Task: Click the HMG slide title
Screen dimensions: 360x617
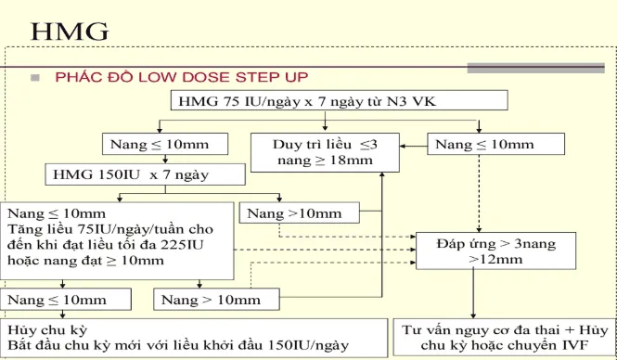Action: [x=71, y=32]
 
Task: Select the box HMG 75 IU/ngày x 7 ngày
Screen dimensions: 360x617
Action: [x=339, y=101]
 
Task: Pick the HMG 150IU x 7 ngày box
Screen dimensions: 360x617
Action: [x=132, y=174]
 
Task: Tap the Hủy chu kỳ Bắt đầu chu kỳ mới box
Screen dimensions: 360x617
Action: [x=176, y=338]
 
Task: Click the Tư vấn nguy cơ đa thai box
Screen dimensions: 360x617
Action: [x=502, y=338]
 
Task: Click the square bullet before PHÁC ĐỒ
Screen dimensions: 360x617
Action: [x=34, y=77]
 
